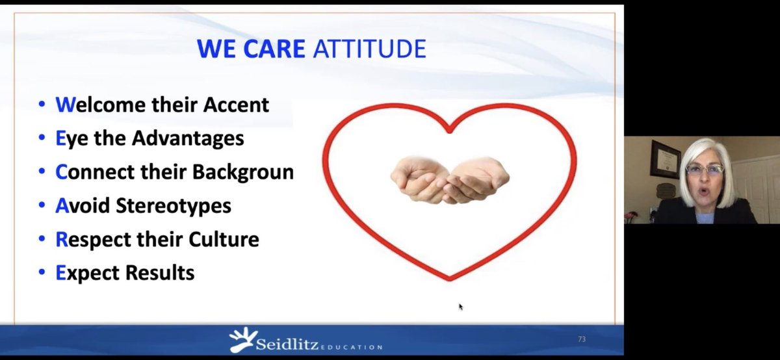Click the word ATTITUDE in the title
pyautogui.click(x=370, y=49)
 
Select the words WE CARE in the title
pyautogui.click(x=252, y=49)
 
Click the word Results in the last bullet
pyautogui.click(x=160, y=273)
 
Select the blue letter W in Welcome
pyautogui.click(x=62, y=104)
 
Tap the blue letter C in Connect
pyautogui.click(x=61, y=172)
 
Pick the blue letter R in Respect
pyautogui.click(x=61, y=239)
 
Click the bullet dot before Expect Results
pyautogui.click(x=42, y=274)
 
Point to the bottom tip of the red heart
pyautogui.click(x=449, y=279)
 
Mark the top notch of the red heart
pyautogui.click(x=449, y=130)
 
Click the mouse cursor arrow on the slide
pyautogui.click(x=461, y=307)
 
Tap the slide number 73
pyautogui.click(x=581, y=339)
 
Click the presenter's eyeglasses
pyautogui.click(x=704, y=169)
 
